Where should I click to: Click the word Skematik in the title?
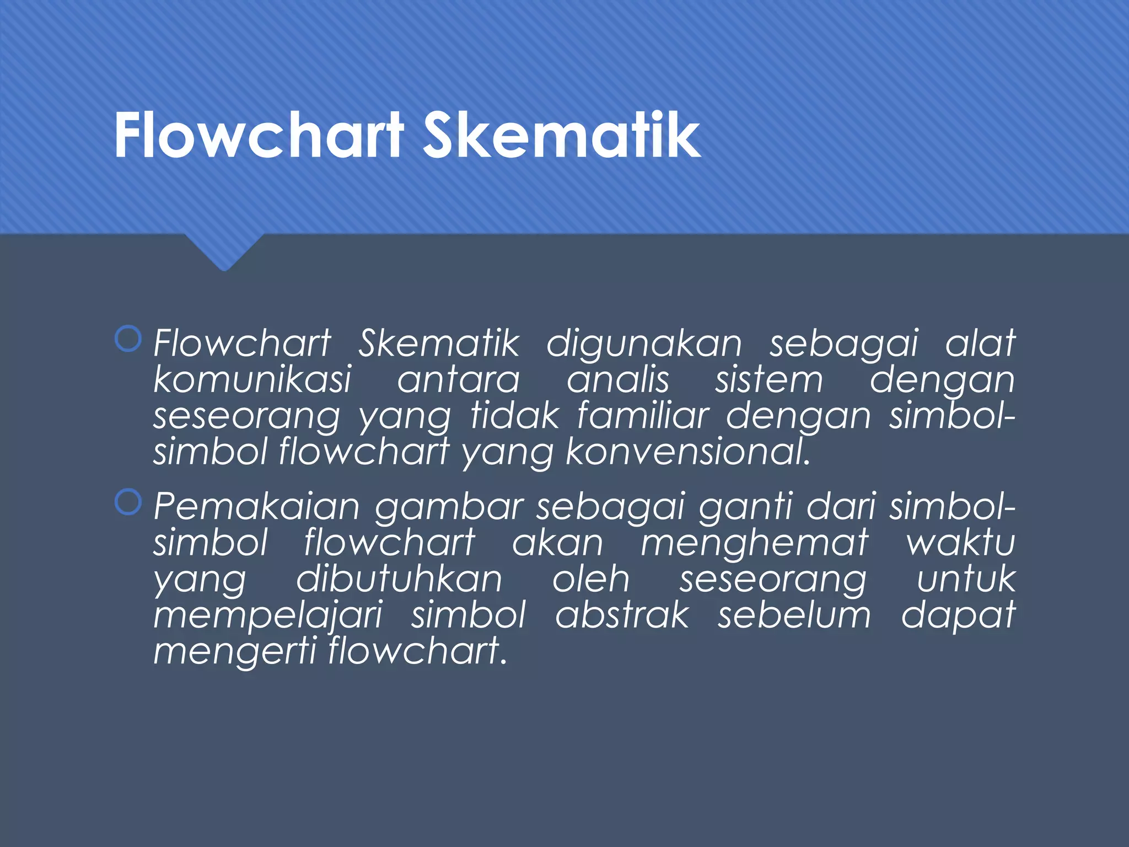coord(561,136)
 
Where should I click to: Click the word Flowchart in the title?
coord(259,136)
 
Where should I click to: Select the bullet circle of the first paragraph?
coord(128,339)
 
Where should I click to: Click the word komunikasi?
coord(252,380)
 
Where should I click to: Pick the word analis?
coord(618,380)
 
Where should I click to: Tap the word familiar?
coord(643,416)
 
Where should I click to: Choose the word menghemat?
coord(755,543)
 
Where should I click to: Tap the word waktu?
coord(960,543)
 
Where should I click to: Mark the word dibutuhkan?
coord(399,580)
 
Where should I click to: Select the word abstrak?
coord(622,615)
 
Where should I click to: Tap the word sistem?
coord(769,380)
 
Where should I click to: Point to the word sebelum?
coord(794,615)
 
